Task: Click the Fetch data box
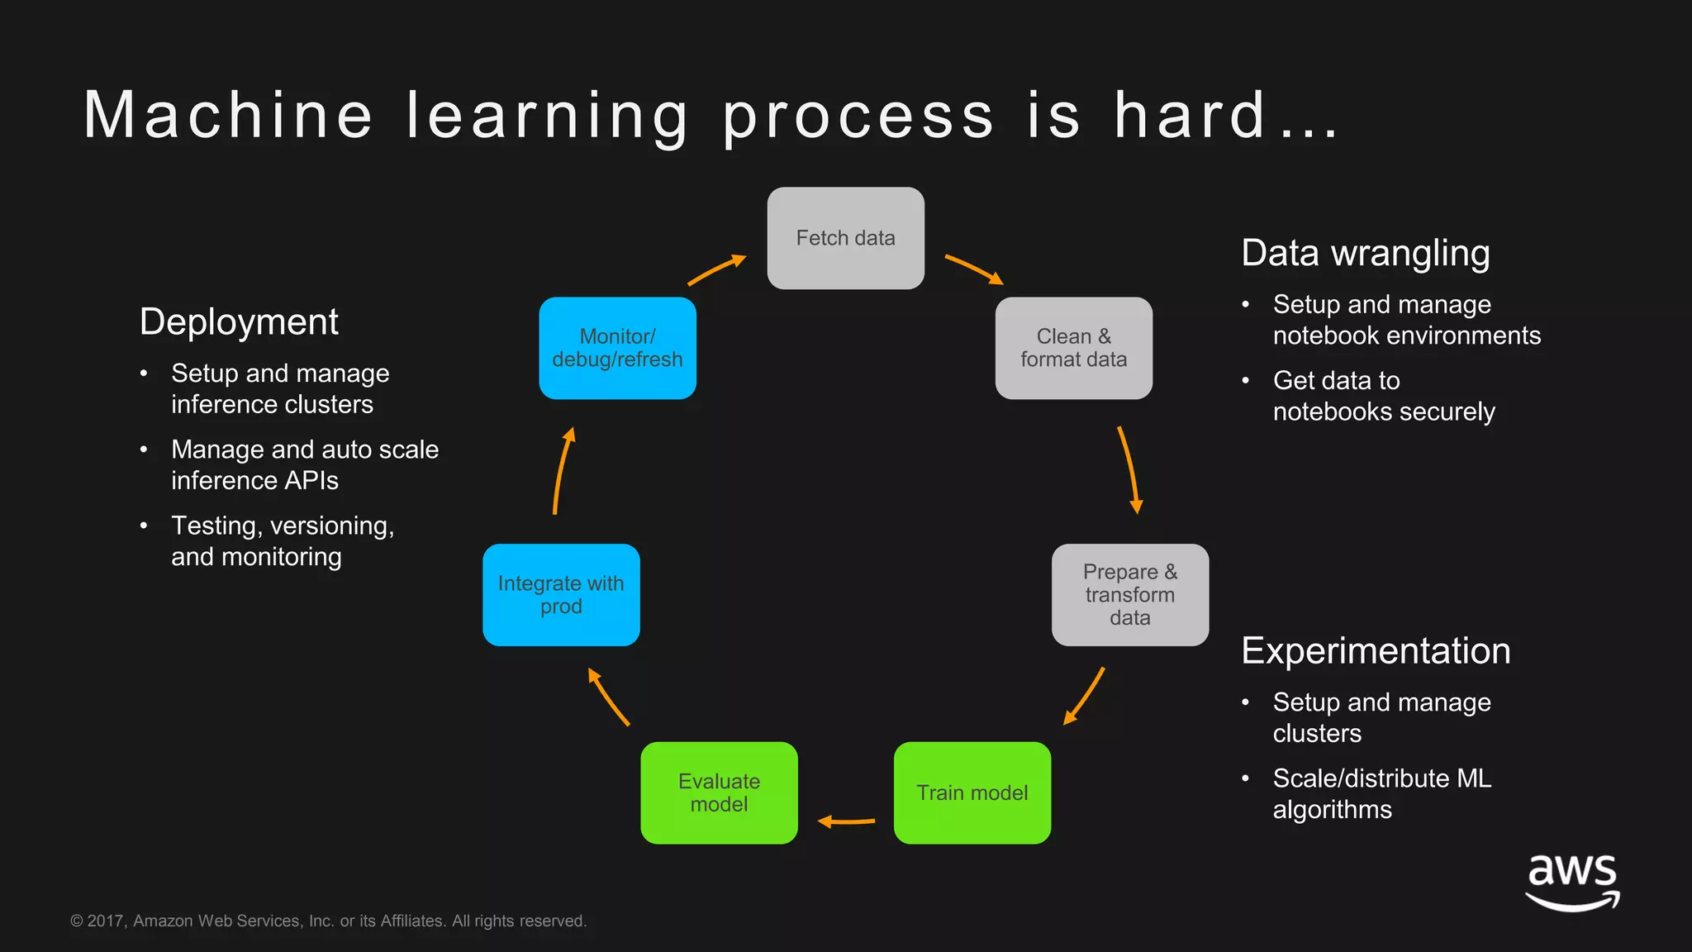845,238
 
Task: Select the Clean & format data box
1073,348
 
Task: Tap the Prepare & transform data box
1129,594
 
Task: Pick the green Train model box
972,793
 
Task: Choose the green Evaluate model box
719,793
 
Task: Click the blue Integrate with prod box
561,594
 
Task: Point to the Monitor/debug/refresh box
617,348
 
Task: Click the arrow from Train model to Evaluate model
846,821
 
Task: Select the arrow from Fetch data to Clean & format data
974,269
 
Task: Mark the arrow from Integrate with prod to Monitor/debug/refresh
563,470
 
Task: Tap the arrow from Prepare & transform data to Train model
1084,696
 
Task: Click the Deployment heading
239,321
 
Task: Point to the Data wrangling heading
1365,253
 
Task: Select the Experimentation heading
1376,650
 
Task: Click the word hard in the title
1190,115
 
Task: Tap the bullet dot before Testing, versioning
144,526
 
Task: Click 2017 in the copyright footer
105,921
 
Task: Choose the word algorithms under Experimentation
1332,809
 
